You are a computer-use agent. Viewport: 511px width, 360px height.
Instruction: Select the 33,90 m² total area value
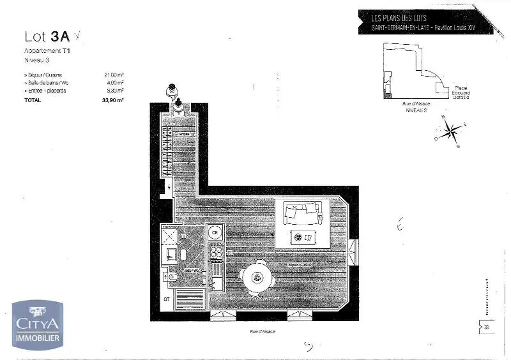(x=113, y=100)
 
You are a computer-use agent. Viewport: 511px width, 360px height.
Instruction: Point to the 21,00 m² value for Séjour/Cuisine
(x=114, y=75)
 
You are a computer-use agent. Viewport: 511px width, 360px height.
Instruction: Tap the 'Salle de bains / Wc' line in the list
(x=47, y=82)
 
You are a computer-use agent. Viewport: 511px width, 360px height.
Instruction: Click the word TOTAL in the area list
(x=33, y=100)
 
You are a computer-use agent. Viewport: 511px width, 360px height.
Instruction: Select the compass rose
(x=452, y=131)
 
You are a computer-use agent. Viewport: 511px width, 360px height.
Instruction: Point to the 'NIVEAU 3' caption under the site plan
(x=416, y=110)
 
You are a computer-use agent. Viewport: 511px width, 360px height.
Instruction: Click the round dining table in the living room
(x=259, y=278)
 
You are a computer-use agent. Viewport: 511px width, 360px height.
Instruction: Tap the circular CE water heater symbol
(x=216, y=232)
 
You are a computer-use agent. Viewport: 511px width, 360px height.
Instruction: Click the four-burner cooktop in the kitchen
(x=216, y=253)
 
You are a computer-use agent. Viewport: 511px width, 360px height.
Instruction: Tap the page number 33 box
(x=485, y=328)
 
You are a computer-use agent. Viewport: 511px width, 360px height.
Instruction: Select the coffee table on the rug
(x=301, y=237)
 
